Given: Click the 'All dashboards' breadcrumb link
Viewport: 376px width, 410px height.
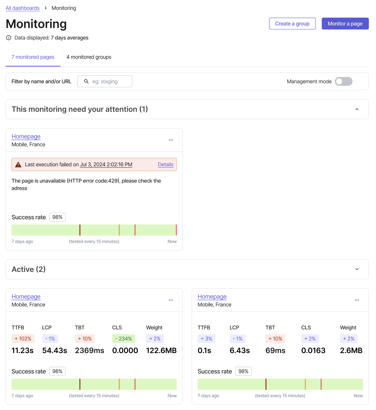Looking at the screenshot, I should [23, 8].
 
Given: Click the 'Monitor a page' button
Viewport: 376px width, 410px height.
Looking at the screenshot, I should [345, 23].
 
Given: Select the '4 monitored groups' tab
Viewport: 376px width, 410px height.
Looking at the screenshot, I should [89, 57].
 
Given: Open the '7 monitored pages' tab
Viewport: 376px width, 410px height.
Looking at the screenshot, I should [33, 57].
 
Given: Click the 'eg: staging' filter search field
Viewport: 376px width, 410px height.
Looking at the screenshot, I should [105, 81].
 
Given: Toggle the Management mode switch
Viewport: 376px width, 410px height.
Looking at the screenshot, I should [343, 81].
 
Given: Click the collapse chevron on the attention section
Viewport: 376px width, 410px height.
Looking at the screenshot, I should [357, 109].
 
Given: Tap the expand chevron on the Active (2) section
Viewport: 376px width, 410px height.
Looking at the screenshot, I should [357, 269].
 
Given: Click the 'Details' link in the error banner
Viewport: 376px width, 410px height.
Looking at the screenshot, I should [165, 164].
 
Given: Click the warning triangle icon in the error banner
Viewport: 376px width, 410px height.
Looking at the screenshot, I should [18, 164].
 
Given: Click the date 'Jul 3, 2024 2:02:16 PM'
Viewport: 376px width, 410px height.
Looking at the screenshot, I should [106, 164].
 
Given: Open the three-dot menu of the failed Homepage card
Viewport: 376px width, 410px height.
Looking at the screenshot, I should [171, 140].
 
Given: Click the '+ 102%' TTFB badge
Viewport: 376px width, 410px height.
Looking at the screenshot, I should [23, 339].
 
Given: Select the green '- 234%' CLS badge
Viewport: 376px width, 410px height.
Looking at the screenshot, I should [123, 339].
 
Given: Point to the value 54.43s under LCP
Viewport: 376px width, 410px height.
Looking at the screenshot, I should [54, 350].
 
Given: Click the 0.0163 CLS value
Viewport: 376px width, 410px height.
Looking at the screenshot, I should [313, 350].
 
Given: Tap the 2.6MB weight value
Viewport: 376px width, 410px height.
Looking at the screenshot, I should [351, 350].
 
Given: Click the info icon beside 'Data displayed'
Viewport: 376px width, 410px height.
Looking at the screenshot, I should [9, 38].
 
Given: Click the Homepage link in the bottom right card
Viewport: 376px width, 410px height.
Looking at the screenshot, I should [212, 297].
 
